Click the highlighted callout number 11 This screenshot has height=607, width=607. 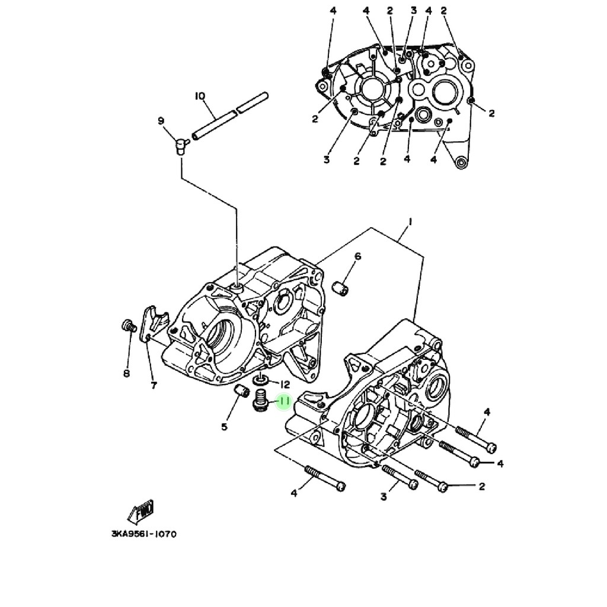coord(284,402)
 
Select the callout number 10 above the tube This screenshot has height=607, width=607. coord(199,95)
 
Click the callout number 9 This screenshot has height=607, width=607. coord(161,121)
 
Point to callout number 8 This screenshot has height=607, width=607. coord(126,373)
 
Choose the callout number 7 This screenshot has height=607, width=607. coord(154,386)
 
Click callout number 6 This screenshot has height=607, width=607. coord(357,256)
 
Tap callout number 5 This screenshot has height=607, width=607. coord(224,426)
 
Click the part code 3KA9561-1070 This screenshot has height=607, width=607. coord(143,533)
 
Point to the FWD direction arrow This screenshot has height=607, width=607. coord(141,510)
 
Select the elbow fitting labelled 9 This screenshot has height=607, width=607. coord(179,144)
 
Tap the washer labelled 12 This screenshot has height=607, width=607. coord(260,379)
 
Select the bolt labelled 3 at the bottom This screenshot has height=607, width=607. coord(401,477)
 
